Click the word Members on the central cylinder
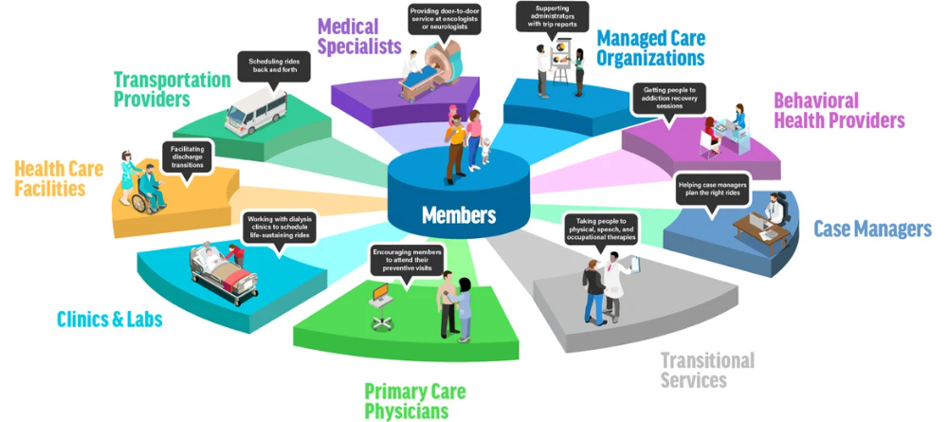point(459,214)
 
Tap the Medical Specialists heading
point(359,36)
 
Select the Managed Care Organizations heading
point(650,48)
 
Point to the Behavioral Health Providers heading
point(839,111)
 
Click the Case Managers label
point(872,229)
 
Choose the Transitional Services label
point(707,370)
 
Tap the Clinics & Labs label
point(109,319)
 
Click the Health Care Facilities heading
point(59,178)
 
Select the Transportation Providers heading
point(172,89)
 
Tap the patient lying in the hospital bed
point(214,260)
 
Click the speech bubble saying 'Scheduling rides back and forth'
point(273,65)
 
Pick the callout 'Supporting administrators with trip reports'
point(552,16)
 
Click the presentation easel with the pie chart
point(560,64)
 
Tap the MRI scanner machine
point(440,63)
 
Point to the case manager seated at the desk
point(774,210)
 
